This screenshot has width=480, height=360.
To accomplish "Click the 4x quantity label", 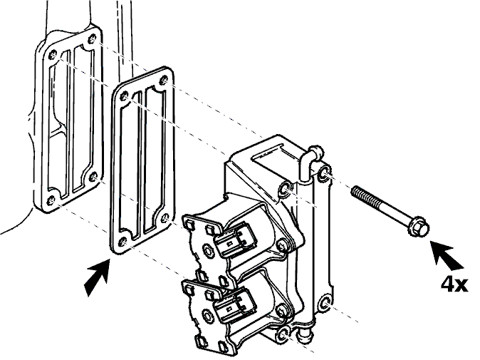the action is pos(454,284).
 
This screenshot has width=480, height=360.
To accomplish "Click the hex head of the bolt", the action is pos(419,227).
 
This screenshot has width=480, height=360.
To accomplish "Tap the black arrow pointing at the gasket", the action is pos(96,277).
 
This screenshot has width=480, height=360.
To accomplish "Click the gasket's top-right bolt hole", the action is pos(164,81).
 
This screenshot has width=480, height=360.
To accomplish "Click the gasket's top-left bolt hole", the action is pos(125,96).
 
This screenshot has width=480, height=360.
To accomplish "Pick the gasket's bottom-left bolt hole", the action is pos(122,242).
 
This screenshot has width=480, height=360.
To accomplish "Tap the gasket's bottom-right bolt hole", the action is pos(165,218).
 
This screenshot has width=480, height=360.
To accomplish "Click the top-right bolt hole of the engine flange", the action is pos(91,39).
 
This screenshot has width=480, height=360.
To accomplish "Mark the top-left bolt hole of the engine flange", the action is pos(53,55).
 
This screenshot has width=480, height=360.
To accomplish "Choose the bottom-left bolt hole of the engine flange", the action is pos(51,200).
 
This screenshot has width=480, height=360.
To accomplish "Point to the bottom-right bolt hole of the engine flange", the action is pos(93,177).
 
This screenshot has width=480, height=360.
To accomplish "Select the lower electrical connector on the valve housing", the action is pos(235,305).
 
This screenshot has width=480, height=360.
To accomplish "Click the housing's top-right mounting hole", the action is pos(323,173).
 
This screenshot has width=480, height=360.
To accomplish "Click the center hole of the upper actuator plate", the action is pos(207,250).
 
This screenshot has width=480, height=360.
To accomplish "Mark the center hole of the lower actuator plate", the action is pos(207,314).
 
